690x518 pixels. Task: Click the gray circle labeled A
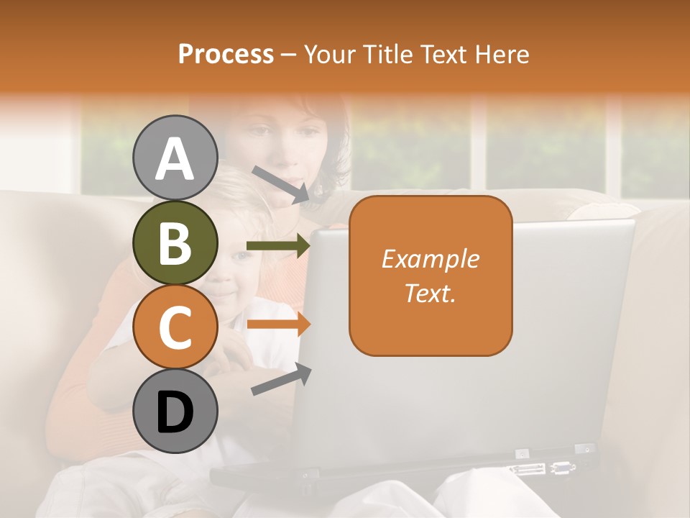point(175,158)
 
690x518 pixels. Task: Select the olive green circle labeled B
point(175,242)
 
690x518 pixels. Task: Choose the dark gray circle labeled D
point(175,412)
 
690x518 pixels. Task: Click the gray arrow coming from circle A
point(280,183)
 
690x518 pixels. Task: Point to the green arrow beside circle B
point(277,246)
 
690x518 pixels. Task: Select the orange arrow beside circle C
point(277,324)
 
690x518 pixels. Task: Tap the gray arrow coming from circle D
point(280,380)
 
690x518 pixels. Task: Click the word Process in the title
point(226,55)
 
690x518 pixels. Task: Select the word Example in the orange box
point(430,259)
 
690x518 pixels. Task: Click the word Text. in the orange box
point(430,293)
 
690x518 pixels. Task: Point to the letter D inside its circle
point(175,413)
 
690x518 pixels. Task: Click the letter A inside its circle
point(175,159)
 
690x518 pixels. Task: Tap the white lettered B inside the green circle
point(175,244)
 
